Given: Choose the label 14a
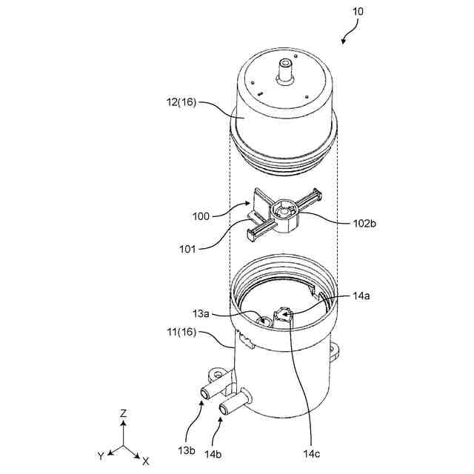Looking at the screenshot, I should (x=361, y=295).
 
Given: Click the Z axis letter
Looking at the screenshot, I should (x=124, y=413).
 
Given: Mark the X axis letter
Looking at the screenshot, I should (x=146, y=461).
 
